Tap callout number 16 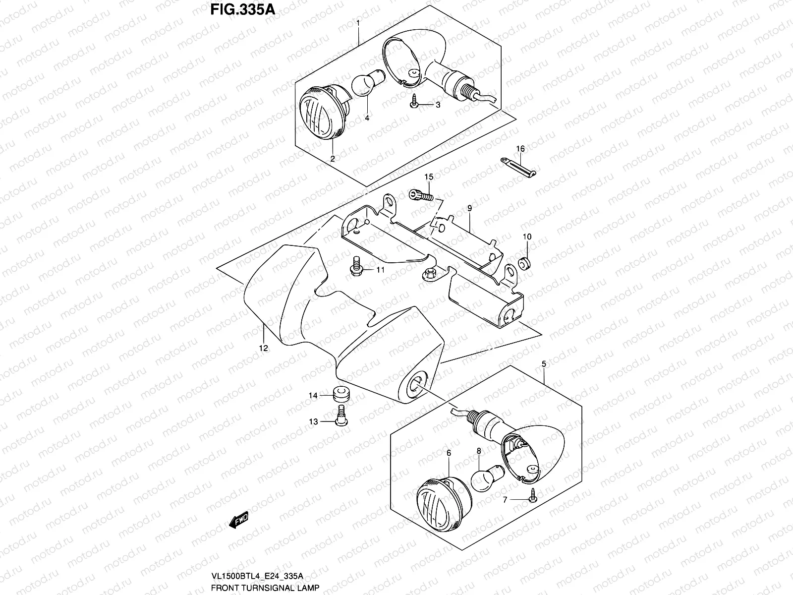pos(520,149)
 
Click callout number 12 pos(263,348)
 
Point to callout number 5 pos(544,364)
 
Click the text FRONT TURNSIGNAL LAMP pos(264,588)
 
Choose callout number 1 pos(358,23)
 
